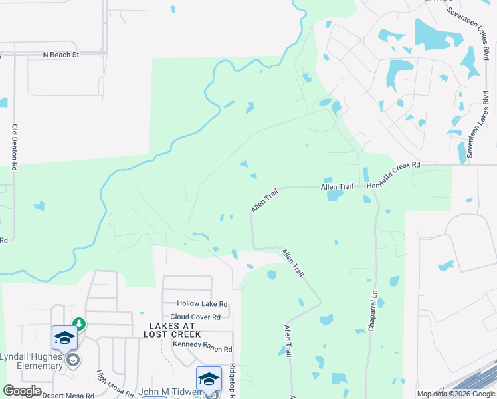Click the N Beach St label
tap(60, 54)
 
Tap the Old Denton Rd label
tap(14, 146)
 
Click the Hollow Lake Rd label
tap(202, 303)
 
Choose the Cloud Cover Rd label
tap(195, 317)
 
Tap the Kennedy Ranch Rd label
tap(202, 349)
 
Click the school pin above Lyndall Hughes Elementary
tap(64, 337)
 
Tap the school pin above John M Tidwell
tap(209, 379)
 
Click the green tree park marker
tap(79, 324)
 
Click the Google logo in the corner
tap(22, 391)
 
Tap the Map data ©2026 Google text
tap(456, 394)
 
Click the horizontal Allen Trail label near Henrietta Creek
tap(337, 188)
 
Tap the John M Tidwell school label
tap(166, 392)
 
